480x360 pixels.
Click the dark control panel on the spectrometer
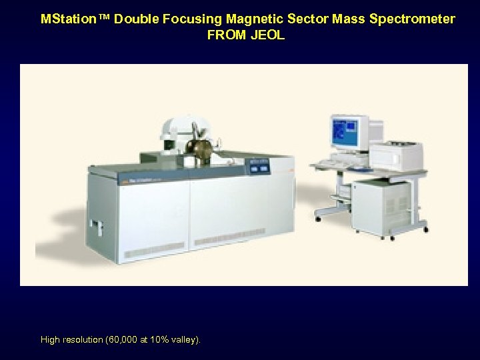coord(259,167)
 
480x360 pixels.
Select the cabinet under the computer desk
coord(381,206)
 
